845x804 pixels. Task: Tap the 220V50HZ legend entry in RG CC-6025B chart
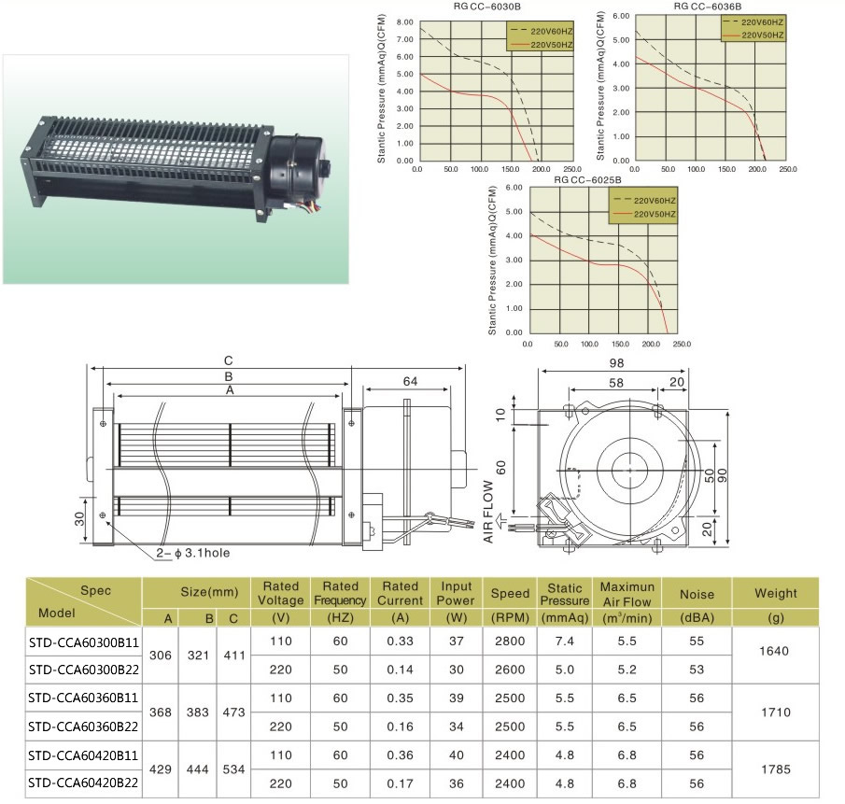coord(654,216)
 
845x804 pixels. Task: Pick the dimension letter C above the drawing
coord(227,361)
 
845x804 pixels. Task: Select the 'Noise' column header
coord(697,593)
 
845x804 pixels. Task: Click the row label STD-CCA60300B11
coord(84,642)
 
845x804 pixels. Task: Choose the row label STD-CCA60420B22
coord(84,783)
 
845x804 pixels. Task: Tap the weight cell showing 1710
coord(776,712)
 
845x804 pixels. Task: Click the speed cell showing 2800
coord(511,642)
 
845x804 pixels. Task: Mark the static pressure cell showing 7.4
coord(564,642)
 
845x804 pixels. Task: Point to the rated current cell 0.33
coord(400,642)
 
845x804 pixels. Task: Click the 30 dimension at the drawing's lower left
coord(80,516)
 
